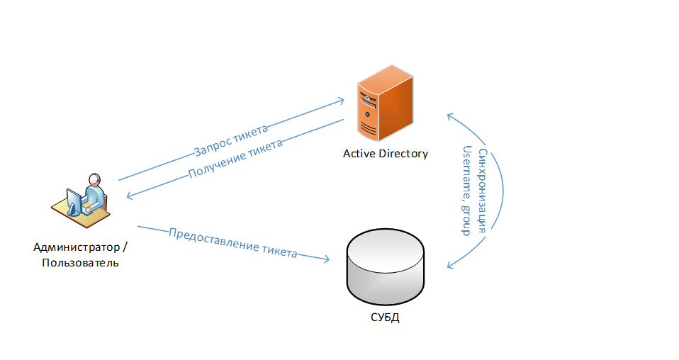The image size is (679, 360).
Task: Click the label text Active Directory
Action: pyautogui.click(x=386, y=153)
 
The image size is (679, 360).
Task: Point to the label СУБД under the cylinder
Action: pyautogui.click(x=386, y=317)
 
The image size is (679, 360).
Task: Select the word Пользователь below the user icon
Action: pyautogui.click(x=80, y=263)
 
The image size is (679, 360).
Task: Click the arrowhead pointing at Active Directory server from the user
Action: pyautogui.click(x=340, y=100)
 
